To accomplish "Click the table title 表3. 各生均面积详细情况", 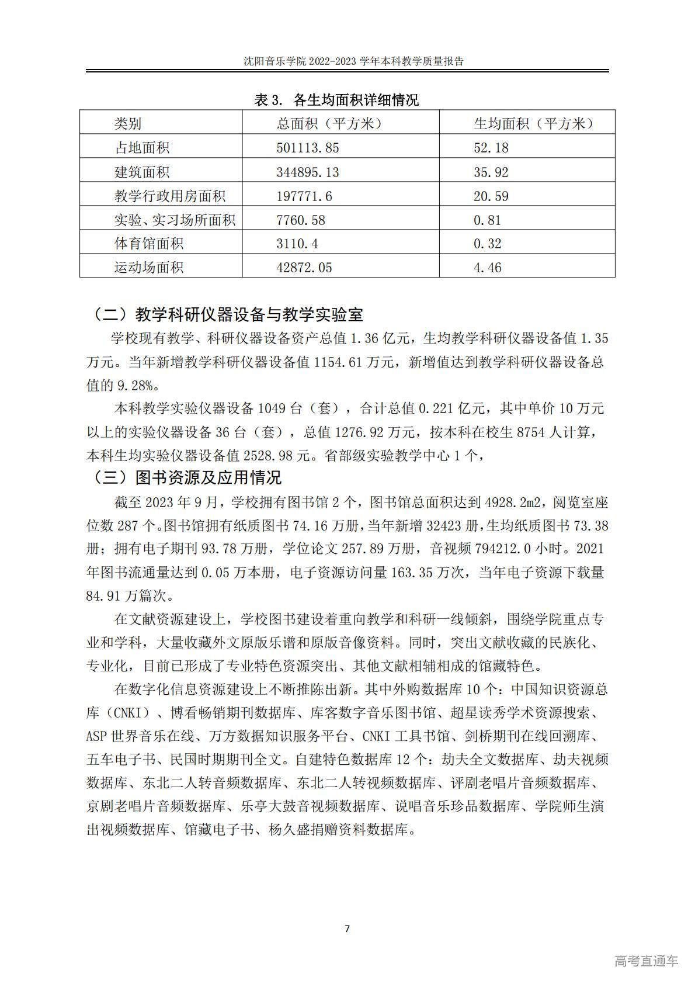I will (x=336, y=100).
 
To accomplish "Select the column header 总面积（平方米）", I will (x=329, y=123).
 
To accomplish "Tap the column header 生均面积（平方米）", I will (x=533, y=123).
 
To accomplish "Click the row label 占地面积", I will (x=142, y=148).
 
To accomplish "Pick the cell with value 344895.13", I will (x=307, y=172).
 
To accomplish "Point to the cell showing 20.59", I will (x=491, y=196).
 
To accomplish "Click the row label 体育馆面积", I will (x=149, y=244).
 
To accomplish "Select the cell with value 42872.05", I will (x=304, y=268).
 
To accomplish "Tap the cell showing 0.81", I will (x=487, y=220).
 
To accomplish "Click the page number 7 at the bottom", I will (x=347, y=929).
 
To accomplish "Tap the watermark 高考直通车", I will (x=646, y=961).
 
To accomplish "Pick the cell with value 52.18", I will (x=491, y=148).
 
